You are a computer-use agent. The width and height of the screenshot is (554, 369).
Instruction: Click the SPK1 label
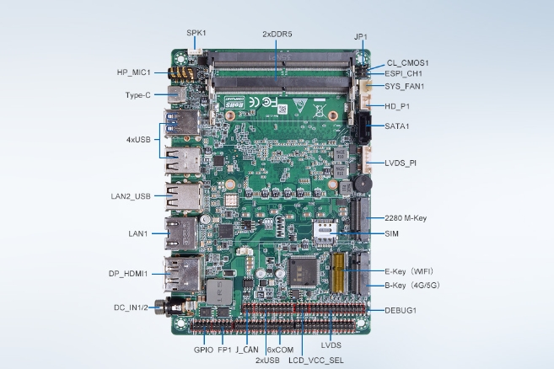tap(196, 32)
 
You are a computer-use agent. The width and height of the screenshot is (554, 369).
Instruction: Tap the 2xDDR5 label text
tap(277, 35)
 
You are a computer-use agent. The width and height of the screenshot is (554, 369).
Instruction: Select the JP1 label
tap(361, 37)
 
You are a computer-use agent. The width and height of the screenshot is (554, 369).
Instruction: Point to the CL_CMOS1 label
tap(408, 62)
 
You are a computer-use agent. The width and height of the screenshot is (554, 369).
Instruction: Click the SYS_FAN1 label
tap(405, 86)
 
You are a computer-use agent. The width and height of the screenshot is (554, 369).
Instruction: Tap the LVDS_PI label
tap(401, 163)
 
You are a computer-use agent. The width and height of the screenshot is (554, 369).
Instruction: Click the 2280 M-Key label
tap(405, 218)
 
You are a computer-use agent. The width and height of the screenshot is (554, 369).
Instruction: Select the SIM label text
tap(390, 233)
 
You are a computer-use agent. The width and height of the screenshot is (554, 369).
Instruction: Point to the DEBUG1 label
tap(401, 310)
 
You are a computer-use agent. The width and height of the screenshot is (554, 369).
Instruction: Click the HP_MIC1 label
tap(135, 72)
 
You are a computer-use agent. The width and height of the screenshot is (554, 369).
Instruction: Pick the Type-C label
tap(137, 94)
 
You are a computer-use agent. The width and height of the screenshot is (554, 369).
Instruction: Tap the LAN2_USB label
tap(131, 196)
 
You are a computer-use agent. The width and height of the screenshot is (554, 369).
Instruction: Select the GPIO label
tap(203, 349)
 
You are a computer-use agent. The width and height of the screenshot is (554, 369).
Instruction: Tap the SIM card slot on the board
tap(324, 233)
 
